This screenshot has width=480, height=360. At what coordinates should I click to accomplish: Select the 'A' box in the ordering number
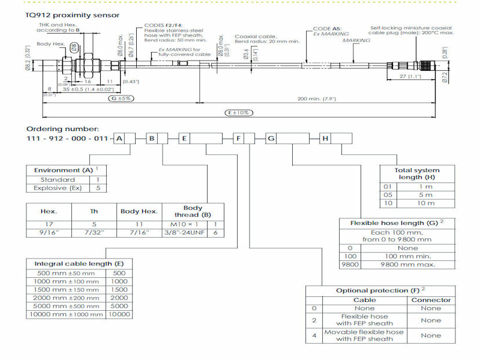[x=120, y=139]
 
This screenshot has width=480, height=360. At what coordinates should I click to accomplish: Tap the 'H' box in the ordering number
[x=326, y=139]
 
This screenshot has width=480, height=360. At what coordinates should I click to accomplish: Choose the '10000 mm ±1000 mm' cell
[x=67, y=314]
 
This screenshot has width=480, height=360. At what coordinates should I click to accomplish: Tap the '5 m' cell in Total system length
[x=425, y=194]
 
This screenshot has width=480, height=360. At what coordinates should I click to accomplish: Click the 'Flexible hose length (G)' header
[x=394, y=223]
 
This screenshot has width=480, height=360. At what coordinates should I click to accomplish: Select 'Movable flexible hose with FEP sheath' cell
[x=364, y=335]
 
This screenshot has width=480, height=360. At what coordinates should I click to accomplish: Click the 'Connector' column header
[x=430, y=299]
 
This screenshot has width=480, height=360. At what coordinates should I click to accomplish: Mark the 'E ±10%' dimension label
[x=239, y=112]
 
